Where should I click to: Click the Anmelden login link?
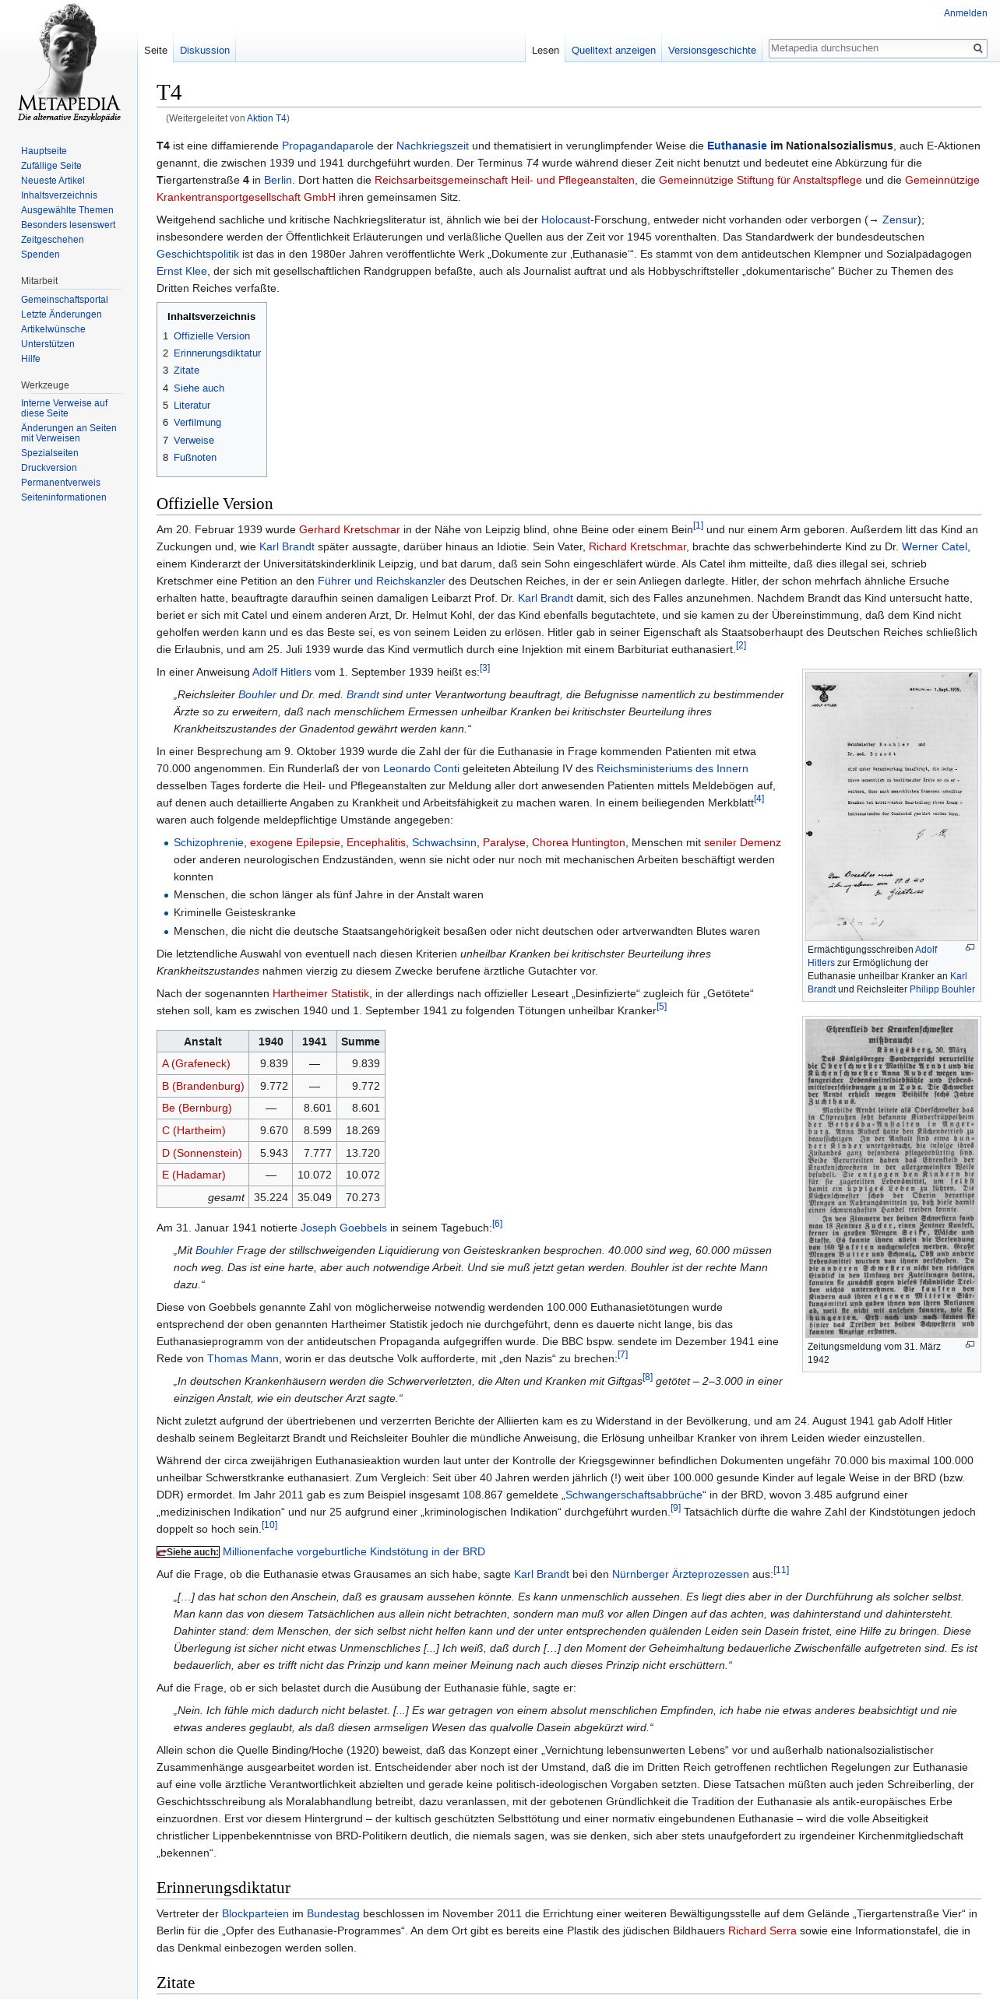point(965,13)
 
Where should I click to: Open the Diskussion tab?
point(204,51)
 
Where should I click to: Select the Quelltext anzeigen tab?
point(613,51)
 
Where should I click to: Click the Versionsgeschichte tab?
point(712,51)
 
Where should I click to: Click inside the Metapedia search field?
point(868,48)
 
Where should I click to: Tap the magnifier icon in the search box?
point(977,48)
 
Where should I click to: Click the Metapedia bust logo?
point(69,62)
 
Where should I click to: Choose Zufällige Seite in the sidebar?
point(51,166)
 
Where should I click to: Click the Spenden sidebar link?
point(40,255)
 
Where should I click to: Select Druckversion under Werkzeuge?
point(48,468)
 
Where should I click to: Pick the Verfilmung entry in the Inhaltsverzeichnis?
point(197,423)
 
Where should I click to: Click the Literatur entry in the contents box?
point(192,406)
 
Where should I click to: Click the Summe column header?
point(360,1042)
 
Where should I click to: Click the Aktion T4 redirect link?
point(266,118)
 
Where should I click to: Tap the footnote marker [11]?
point(780,1570)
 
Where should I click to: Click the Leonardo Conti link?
point(421,768)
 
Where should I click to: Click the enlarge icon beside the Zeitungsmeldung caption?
point(970,1344)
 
